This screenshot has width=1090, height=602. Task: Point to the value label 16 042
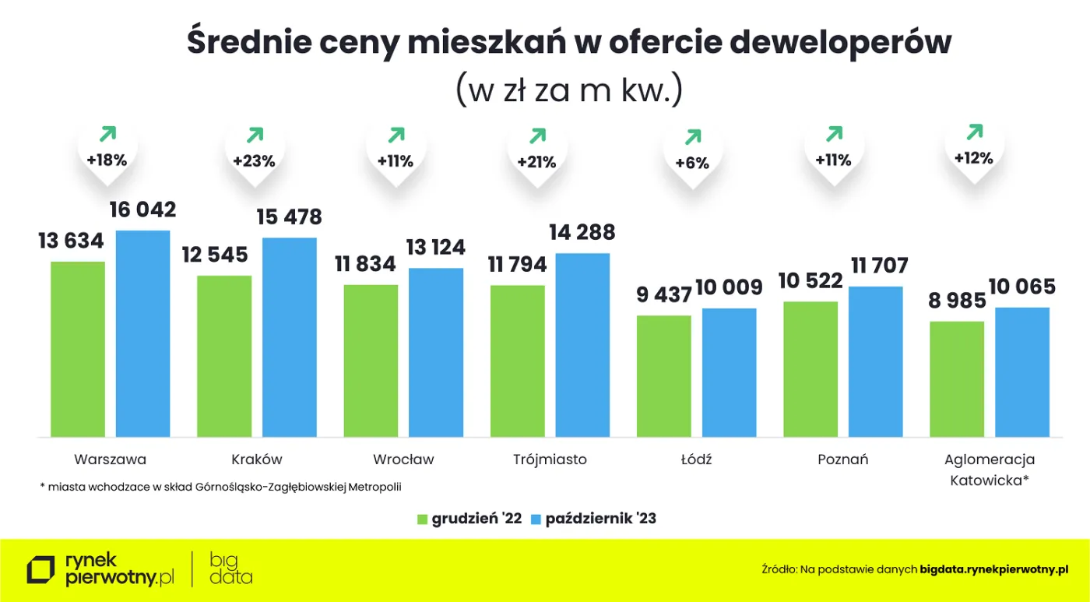(x=142, y=210)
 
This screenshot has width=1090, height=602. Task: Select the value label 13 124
(x=436, y=248)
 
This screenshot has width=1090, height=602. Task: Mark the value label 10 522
(x=810, y=281)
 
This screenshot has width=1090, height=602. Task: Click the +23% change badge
(x=255, y=162)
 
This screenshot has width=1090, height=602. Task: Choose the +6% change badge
(x=692, y=163)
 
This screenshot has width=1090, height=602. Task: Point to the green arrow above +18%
(x=107, y=134)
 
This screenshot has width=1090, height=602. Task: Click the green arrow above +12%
(x=974, y=132)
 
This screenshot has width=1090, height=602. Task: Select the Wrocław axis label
(x=403, y=459)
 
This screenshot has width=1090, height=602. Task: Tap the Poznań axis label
(x=842, y=459)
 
